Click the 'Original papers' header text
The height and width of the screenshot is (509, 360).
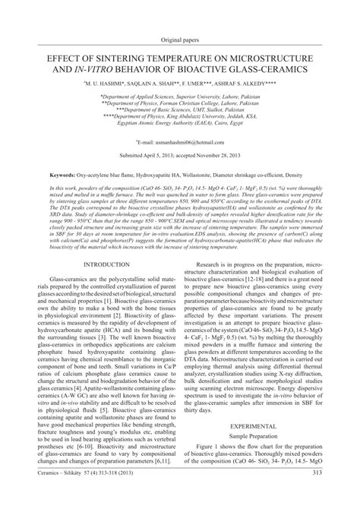(x=180, y=40)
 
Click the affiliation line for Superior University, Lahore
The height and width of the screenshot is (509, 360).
(x=180, y=98)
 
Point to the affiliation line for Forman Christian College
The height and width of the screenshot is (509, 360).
(x=180, y=106)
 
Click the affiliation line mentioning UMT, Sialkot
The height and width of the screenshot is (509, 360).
(x=180, y=113)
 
